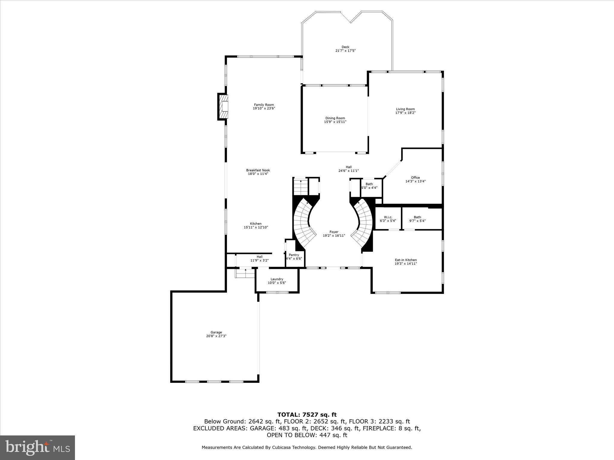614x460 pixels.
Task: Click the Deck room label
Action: pos(345,47)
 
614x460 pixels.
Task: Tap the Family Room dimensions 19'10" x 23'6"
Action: pos(264,108)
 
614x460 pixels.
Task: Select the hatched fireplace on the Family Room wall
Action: pos(223,107)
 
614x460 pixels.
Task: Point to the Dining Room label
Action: pos(335,118)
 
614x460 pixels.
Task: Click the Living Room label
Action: pos(405,109)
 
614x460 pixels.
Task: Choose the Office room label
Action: pos(415,178)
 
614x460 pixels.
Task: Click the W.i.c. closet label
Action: pos(388,217)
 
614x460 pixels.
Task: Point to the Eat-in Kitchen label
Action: pos(406,260)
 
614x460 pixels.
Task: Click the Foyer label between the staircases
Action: pos(334,232)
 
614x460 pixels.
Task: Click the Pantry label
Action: pos(294,255)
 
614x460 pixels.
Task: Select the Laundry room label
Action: pos(277,279)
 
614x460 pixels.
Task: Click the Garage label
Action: pos(216,332)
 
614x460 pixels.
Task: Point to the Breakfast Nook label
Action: pos(258,170)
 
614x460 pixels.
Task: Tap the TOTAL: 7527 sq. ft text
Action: pos(307,414)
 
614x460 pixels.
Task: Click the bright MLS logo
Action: pos(37,447)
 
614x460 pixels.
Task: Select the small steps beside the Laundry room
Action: pos(245,273)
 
